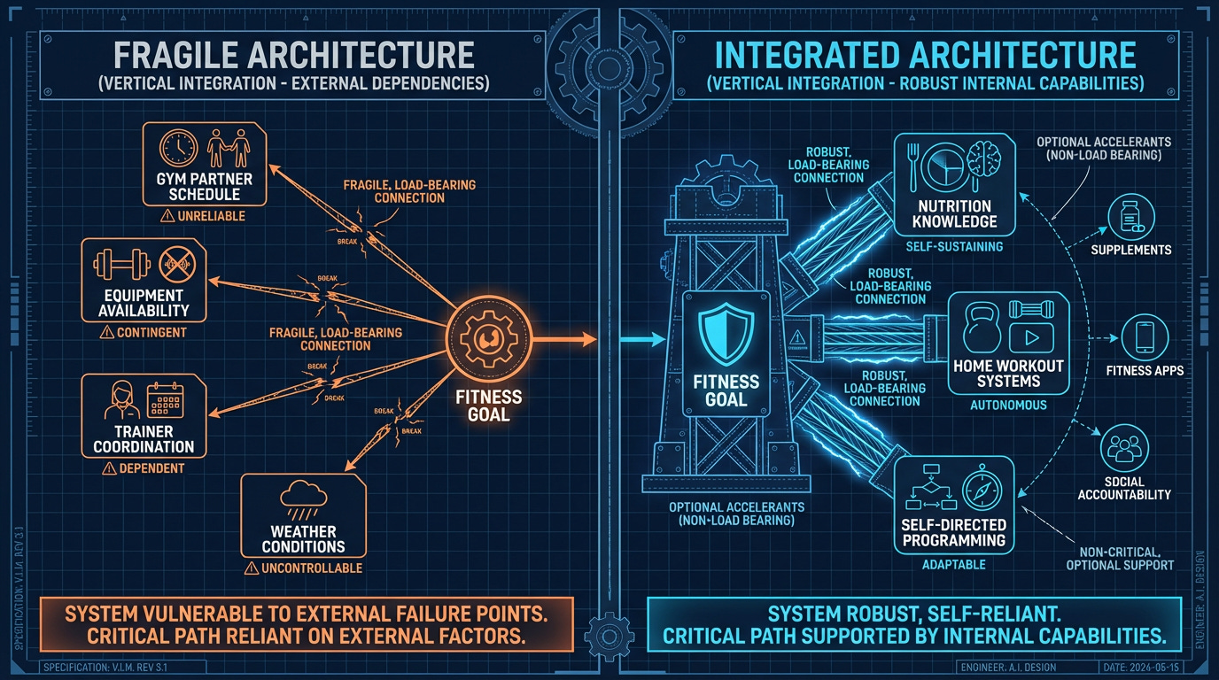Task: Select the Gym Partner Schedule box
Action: coord(203,165)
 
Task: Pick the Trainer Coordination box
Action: coord(144,416)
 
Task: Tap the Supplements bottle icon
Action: coord(1130,215)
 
